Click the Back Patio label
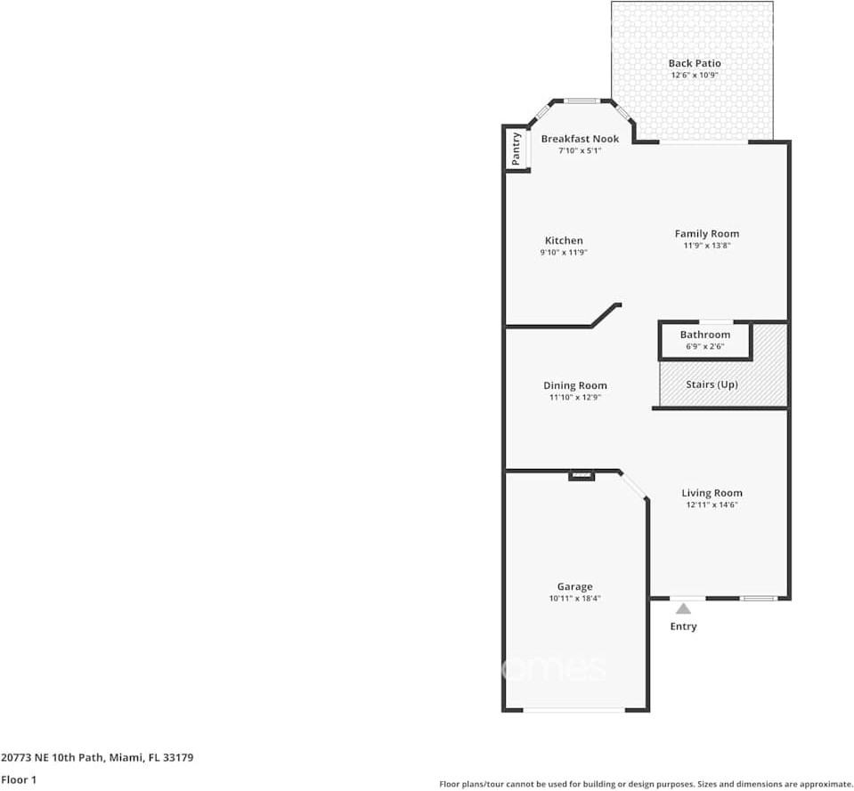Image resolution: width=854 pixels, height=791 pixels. (695, 63)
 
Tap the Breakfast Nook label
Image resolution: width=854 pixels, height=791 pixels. (580, 139)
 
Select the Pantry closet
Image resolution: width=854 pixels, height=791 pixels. (516, 149)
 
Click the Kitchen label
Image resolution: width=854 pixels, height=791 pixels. (564, 240)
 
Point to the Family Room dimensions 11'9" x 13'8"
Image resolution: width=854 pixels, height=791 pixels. (706, 246)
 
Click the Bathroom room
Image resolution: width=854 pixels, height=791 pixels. (705, 340)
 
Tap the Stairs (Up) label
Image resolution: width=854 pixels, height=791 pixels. (712, 384)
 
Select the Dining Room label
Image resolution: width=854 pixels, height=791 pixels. (575, 385)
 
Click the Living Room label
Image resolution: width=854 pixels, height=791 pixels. (712, 493)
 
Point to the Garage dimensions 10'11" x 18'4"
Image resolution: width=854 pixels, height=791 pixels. (574, 599)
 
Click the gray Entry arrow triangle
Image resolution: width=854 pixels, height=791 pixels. (683, 609)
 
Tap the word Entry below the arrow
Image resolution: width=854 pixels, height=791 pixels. (683, 626)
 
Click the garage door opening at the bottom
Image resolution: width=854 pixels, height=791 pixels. (573, 710)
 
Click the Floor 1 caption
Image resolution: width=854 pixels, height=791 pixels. (19, 779)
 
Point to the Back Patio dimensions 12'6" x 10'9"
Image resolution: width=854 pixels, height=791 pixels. (695, 76)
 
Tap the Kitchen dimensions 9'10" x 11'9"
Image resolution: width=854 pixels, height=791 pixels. (564, 253)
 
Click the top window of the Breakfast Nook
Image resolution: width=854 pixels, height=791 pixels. (582, 101)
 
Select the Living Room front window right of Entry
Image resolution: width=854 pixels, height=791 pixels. (758, 598)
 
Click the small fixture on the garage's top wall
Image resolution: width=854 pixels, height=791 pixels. (582, 476)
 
